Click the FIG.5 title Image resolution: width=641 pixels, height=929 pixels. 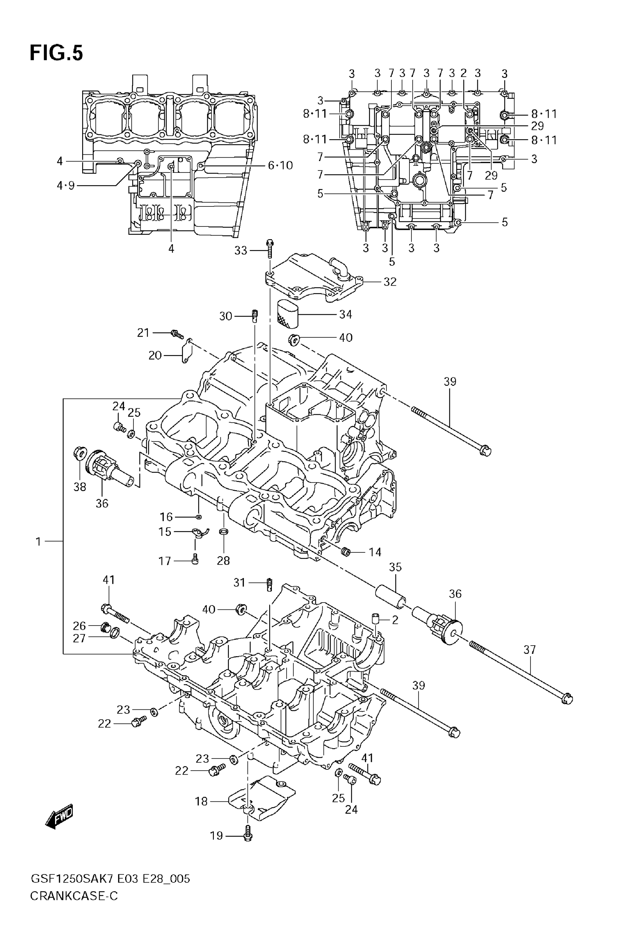[56, 53]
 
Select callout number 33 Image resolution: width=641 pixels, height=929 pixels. [241, 251]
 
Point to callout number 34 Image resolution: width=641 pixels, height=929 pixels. [345, 314]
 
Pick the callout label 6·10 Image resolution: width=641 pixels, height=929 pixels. [280, 165]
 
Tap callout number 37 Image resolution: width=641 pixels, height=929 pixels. [530, 649]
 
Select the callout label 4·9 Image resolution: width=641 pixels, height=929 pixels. [66, 186]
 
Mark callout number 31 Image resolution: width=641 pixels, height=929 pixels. [239, 582]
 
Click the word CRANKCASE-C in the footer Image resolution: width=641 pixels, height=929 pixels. [74, 896]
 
